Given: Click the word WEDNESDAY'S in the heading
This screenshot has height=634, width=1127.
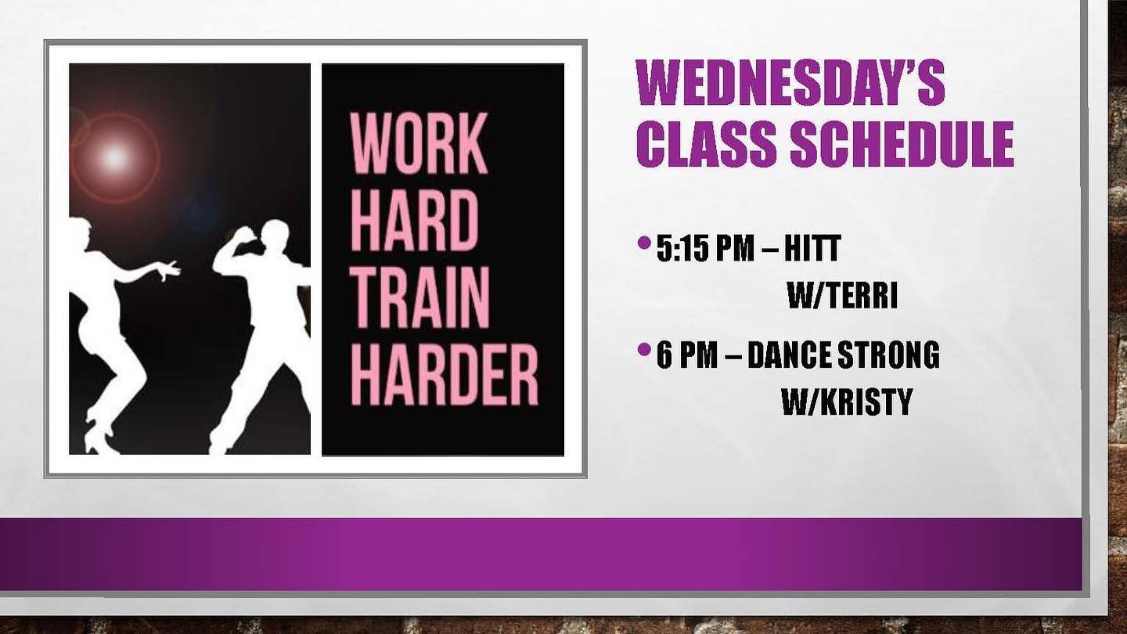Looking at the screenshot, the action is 790,82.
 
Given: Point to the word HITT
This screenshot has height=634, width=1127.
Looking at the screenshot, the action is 812,248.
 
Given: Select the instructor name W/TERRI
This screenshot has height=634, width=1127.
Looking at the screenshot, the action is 843,295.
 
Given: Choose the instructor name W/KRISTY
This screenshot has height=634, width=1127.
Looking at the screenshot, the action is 847,402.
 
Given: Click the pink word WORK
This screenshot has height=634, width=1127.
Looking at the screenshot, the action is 419,143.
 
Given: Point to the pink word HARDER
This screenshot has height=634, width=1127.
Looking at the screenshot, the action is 445,374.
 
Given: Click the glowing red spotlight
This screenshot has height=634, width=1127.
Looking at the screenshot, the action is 115,157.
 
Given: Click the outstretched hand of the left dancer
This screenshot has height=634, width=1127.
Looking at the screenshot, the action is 168,270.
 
